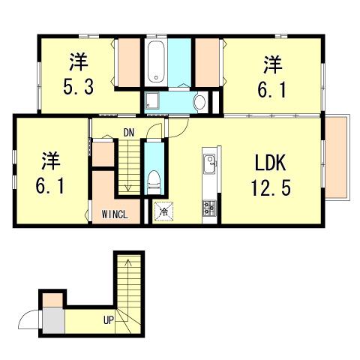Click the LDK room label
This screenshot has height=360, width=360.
pyautogui.click(x=271, y=163)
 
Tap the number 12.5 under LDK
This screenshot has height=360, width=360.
pyautogui.click(x=271, y=188)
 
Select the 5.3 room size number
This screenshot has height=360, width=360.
pyautogui.click(x=79, y=86)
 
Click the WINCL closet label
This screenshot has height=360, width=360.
pyautogui.click(x=115, y=214)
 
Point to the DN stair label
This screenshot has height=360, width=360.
pyautogui.click(x=129, y=133)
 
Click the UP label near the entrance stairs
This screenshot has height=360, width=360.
pyautogui.click(x=109, y=319)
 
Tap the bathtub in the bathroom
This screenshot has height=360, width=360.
pyautogui.click(x=156, y=61)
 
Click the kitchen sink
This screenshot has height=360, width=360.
pyautogui.click(x=209, y=164)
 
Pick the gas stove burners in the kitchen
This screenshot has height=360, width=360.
pyautogui.click(x=209, y=208)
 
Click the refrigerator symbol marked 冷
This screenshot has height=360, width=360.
pyautogui.click(x=163, y=211)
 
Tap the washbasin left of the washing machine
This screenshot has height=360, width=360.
pyautogui.click(x=151, y=100)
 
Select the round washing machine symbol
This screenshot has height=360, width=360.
pyautogui.click(x=200, y=102)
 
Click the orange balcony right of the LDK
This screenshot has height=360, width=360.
pyautogui.click(x=336, y=158)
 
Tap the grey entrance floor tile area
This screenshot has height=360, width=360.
pyautogui.click(x=54, y=321)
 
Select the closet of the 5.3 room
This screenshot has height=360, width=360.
pyautogui.click(x=129, y=63)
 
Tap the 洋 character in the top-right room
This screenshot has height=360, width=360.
pyautogui.click(x=273, y=64)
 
